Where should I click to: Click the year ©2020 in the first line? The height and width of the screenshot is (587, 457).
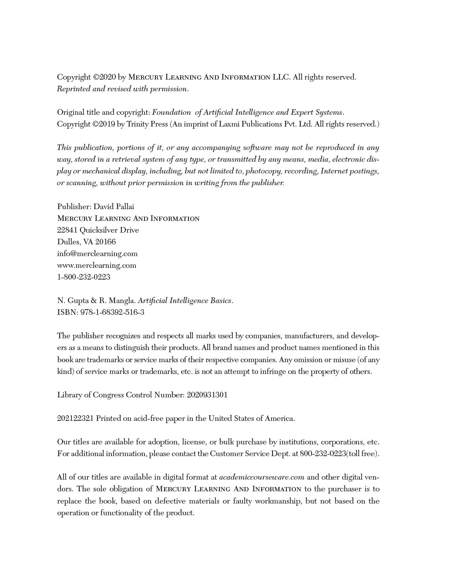[104, 77]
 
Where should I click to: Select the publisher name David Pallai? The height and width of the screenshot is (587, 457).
[114, 207]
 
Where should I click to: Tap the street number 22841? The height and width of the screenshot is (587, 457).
[67, 230]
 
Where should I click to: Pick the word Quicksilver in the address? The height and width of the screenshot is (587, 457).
[99, 230]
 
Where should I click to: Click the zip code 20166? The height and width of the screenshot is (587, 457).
[105, 242]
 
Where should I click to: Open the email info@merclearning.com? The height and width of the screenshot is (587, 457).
[97, 253]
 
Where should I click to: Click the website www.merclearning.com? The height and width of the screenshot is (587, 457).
[97, 265]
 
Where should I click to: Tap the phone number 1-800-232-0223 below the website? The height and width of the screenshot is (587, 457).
[84, 277]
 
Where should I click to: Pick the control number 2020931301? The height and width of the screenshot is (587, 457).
[207, 395]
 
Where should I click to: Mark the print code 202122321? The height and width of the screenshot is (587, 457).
[75, 418]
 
